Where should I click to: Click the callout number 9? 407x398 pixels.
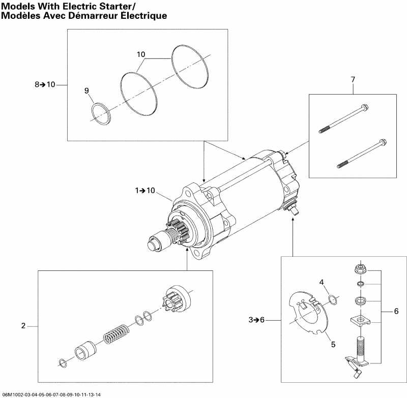coord(86,90)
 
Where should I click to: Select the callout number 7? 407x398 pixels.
coord(353,79)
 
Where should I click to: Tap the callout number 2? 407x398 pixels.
coord(23,325)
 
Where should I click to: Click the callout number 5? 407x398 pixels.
coord(333,344)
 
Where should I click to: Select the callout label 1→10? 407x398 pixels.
coord(145,191)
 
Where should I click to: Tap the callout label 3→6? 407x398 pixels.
coord(257,320)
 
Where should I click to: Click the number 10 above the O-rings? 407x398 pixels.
coord(141,54)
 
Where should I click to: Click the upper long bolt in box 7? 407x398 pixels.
coord(343,118)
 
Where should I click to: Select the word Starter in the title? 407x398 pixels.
coord(112,6)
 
